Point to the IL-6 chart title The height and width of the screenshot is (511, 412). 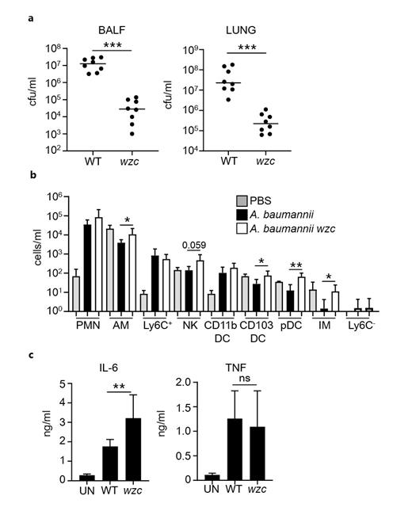[105, 369]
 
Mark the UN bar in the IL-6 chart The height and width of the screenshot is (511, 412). [89, 477]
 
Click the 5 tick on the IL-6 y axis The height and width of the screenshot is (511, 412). [63, 383]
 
